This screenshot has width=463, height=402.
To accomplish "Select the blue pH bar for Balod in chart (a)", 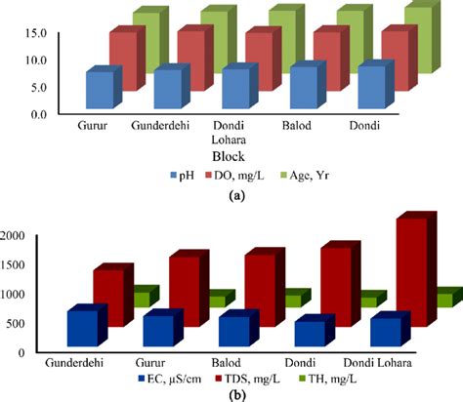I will pyautogui.click(x=303, y=88).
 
